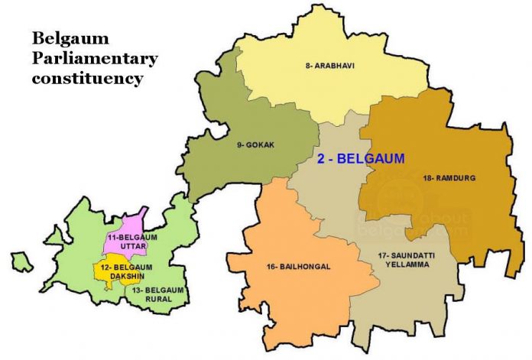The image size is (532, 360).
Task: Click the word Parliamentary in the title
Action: tap(94, 58)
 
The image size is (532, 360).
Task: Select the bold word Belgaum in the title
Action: tap(60, 38)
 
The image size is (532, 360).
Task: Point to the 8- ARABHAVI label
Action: tap(330, 66)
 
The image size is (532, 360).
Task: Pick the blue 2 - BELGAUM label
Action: tap(361, 159)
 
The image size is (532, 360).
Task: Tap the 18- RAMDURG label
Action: tap(449, 178)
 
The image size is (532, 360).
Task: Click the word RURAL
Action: tap(157, 300)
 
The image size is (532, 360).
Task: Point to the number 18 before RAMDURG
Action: tap(427, 178)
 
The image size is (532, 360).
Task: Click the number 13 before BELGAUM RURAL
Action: tap(135, 290)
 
